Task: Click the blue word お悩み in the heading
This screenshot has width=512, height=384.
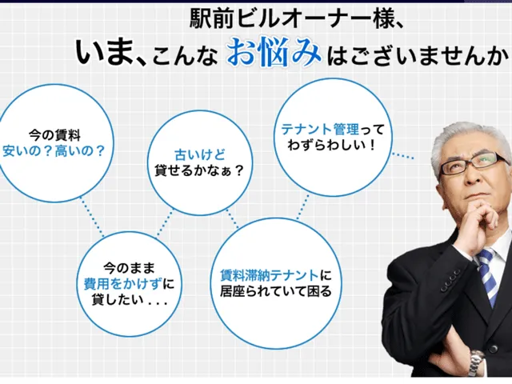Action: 274,52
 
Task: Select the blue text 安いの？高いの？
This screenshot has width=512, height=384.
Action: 54,151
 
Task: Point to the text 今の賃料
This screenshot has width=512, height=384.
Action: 54,135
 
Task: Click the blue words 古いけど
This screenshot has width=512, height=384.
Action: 200,154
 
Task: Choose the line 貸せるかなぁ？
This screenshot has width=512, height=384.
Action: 199,170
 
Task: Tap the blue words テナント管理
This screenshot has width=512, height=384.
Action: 320,130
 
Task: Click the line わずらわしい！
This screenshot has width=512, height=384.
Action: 331,145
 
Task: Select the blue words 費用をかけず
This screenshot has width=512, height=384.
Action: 122,283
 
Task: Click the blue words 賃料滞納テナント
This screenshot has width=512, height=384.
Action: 270,275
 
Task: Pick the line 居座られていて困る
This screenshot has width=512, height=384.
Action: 276,290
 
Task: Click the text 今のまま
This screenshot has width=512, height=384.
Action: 130,268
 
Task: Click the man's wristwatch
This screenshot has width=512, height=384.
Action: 477,362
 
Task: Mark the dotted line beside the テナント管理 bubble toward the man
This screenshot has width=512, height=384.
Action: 403,155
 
